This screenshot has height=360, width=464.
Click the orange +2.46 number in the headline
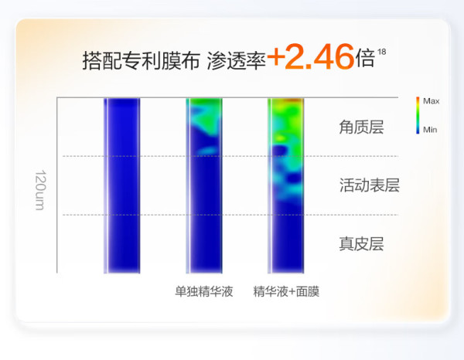pos(310,56)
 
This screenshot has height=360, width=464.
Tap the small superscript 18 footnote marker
pos(382,52)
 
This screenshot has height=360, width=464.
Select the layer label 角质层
pos(361,127)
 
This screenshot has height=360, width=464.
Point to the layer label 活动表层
pos(370,185)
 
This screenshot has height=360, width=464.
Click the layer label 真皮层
pos(361,244)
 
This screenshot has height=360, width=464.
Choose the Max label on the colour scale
pos(432,101)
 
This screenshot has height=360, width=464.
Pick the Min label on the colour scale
pos(430,130)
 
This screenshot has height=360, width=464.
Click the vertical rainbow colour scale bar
pos(418,115)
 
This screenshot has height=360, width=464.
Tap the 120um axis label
pos(40,190)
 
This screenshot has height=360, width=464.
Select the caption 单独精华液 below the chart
pos(204,291)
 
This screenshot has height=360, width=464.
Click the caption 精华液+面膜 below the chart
pos(286,291)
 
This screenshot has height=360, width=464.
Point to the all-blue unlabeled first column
pos(122,185)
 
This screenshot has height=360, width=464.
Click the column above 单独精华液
pos(204,185)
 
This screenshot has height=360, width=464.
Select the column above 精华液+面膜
pos(286,185)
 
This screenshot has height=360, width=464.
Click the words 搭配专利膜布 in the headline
pos(142,61)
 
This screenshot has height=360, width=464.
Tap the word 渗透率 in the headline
pos(236,61)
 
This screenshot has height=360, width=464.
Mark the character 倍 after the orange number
pos(366,58)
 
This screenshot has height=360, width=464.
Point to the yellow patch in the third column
pos(280,138)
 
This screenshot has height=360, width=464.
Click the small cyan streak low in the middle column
pos(208,151)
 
